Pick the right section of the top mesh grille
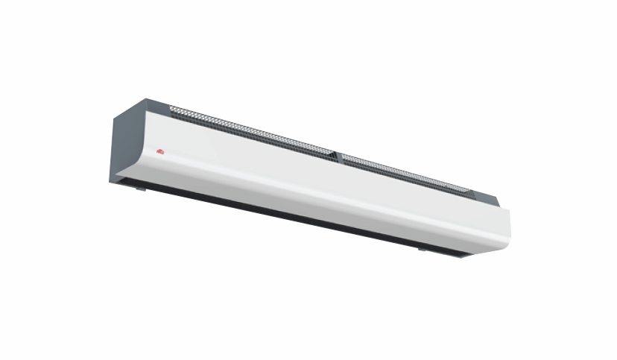[x=402, y=171]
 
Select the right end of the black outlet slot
[x=469, y=256]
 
